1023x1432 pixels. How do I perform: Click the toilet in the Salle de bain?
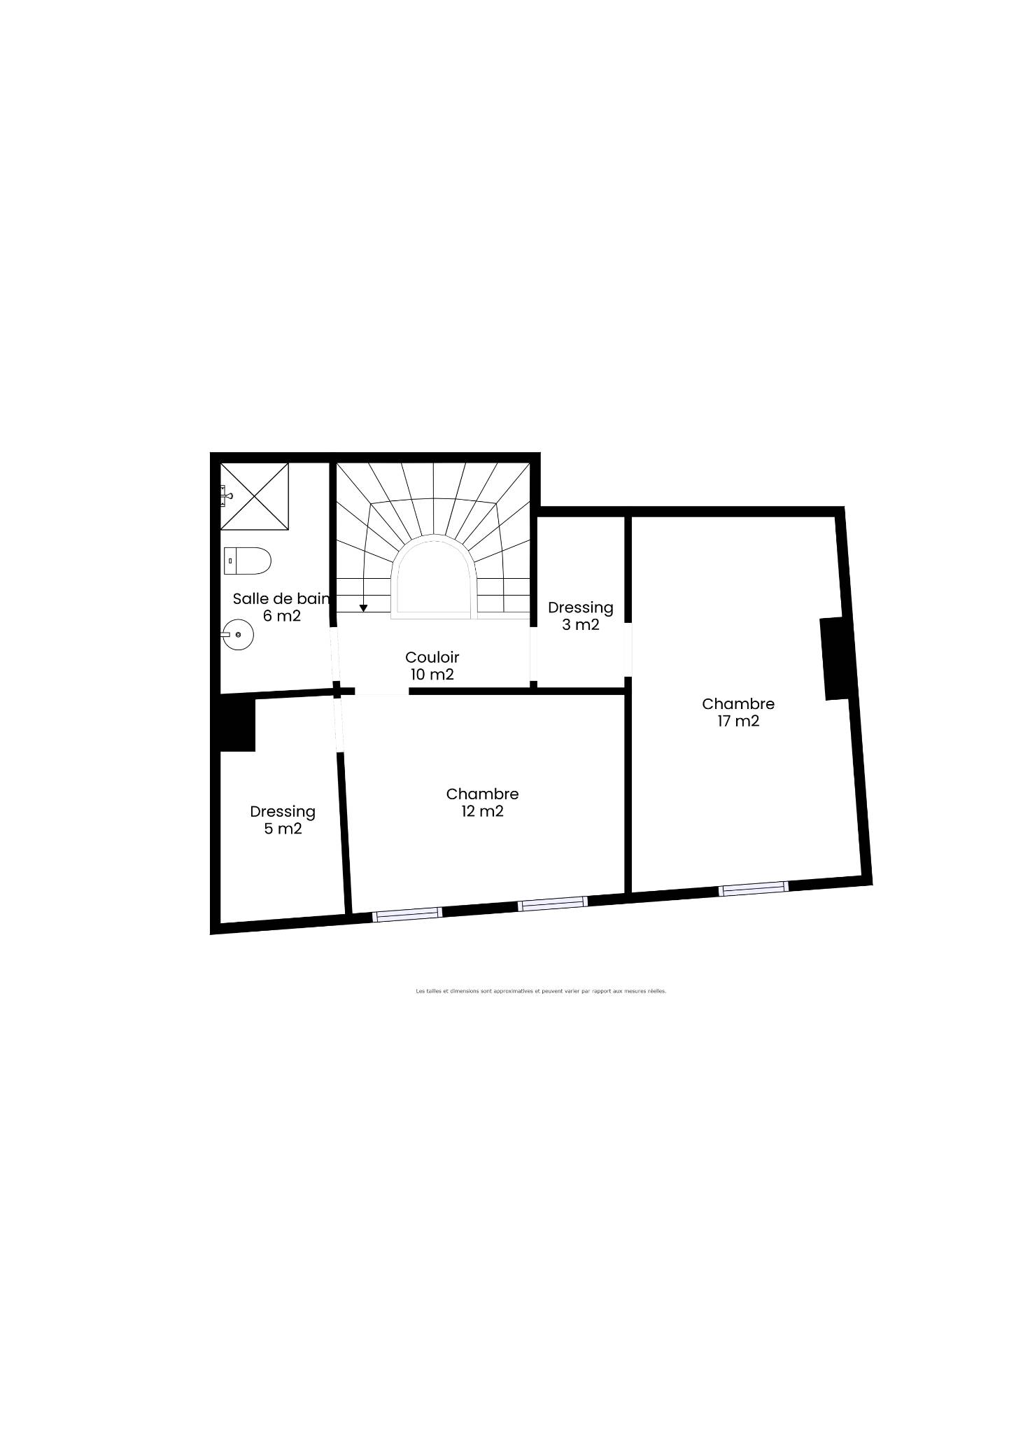click(248, 561)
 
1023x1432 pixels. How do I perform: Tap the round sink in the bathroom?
click(238, 635)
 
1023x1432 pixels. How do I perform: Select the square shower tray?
click(255, 496)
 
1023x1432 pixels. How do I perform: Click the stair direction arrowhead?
click(363, 608)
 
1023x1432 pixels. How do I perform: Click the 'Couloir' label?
click(432, 657)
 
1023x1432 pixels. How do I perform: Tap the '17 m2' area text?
click(738, 721)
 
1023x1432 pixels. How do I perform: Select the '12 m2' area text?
click(482, 811)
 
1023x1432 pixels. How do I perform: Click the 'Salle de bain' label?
click(281, 598)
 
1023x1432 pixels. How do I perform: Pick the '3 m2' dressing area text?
click(581, 624)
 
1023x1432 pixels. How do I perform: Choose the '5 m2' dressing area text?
click(283, 829)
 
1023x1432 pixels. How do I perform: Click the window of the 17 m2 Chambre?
click(754, 888)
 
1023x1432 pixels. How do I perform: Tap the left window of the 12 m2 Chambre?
click(407, 913)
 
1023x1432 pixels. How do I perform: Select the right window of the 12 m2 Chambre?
click(553, 904)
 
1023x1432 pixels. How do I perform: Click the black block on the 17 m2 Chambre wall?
click(834, 659)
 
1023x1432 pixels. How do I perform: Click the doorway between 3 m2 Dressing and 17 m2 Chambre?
click(628, 650)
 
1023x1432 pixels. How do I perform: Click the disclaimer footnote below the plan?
click(541, 991)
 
